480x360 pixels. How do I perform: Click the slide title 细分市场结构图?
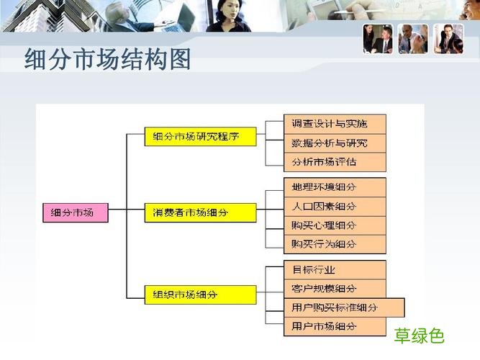108,60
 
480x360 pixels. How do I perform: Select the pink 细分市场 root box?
76,212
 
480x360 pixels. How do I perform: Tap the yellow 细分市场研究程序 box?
200,136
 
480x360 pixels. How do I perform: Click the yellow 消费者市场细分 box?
200,212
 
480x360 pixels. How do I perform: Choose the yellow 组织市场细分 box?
200,294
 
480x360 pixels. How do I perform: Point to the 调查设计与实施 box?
325,124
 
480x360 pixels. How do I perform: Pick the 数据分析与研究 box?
325,143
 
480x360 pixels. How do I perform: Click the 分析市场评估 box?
325,162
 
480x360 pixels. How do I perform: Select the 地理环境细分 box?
325,187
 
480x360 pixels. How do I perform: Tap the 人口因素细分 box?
325,207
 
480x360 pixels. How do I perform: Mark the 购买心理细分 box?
325,225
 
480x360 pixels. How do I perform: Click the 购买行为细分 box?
325,244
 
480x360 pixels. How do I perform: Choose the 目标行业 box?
325,270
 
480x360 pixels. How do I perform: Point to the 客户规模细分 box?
325,289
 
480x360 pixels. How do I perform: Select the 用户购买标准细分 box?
335,307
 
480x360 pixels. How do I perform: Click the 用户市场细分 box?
325,327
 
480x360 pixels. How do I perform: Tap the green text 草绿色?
420,336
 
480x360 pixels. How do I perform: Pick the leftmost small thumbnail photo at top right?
378,39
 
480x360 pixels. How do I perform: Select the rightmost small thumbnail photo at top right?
448,39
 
